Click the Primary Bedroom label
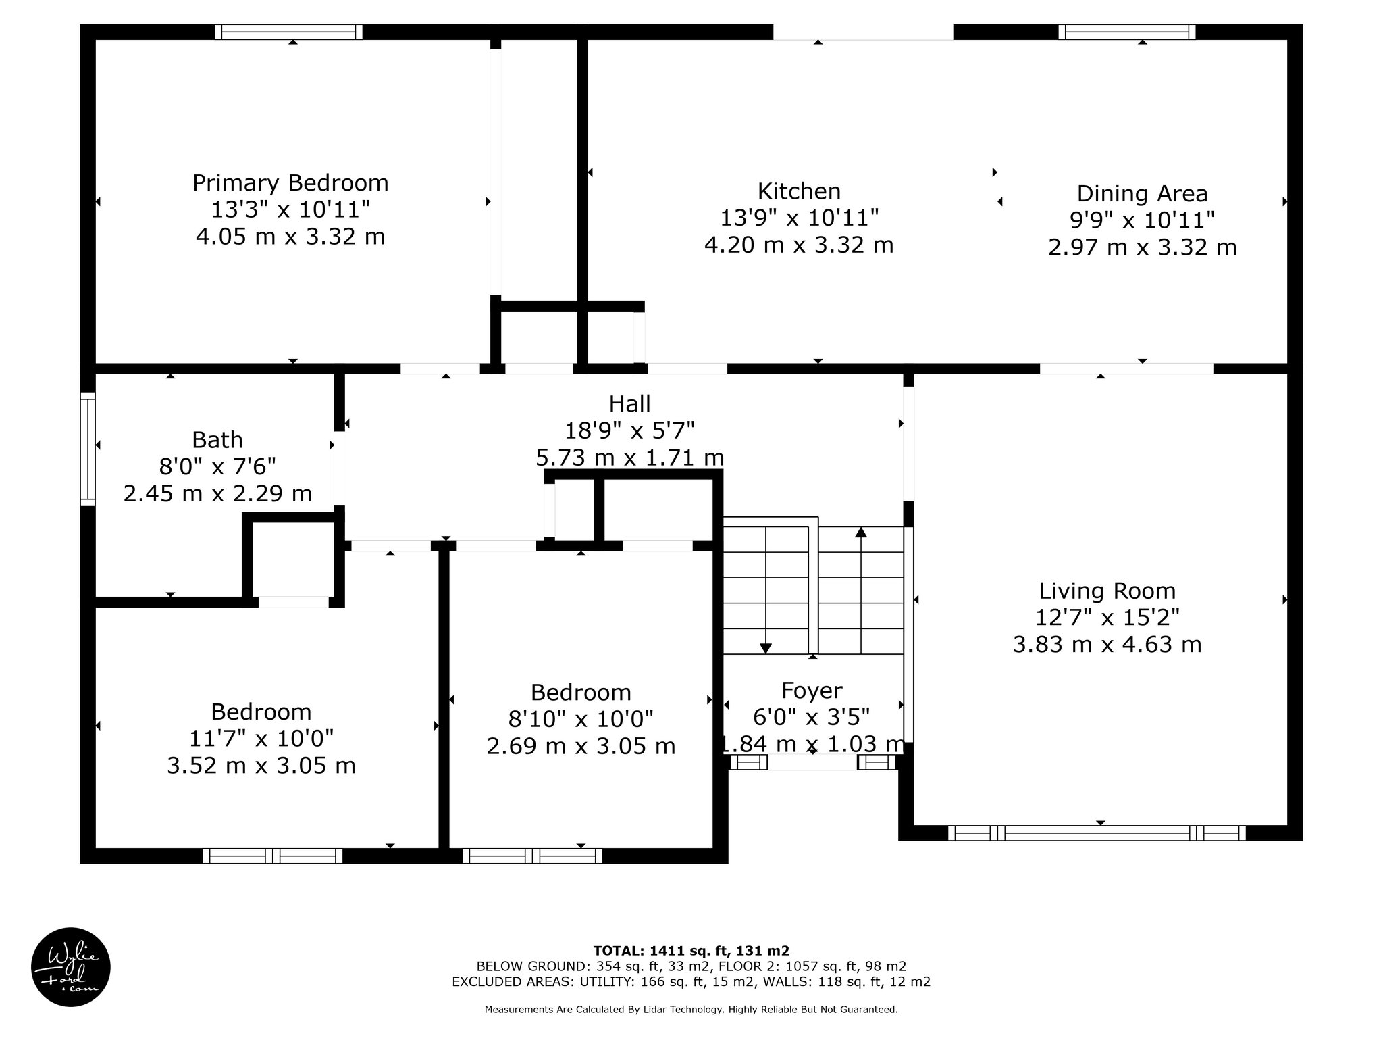pyautogui.click(x=290, y=183)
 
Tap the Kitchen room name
pyautogui.click(x=799, y=191)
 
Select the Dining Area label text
pyautogui.click(x=1142, y=194)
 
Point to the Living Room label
pyautogui.click(x=1107, y=591)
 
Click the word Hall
pyautogui.click(x=629, y=404)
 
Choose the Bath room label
pyautogui.click(x=217, y=440)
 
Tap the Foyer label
pyautogui.click(x=812, y=691)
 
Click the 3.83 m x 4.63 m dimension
pyautogui.click(x=1107, y=645)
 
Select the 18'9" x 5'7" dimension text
pyautogui.click(x=629, y=430)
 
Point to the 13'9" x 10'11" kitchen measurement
pyautogui.click(x=799, y=218)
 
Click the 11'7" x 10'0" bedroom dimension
pyautogui.click(x=261, y=739)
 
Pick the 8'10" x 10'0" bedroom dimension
pyautogui.click(x=581, y=719)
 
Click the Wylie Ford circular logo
pyautogui.click(x=71, y=967)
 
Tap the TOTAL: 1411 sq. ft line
pyautogui.click(x=691, y=951)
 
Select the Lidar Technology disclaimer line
pyautogui.click(x=691, y=1010)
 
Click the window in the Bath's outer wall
pyautogui.click(x=88, y=449)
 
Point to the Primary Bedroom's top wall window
pyautogui.click(x=289, y=32)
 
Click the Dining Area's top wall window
pyautogui.click(x=1126, y=32)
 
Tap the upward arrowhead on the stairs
pyautogui.click(x=860, y=532)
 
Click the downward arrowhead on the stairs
pyautogui.click(x=766, y=648)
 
